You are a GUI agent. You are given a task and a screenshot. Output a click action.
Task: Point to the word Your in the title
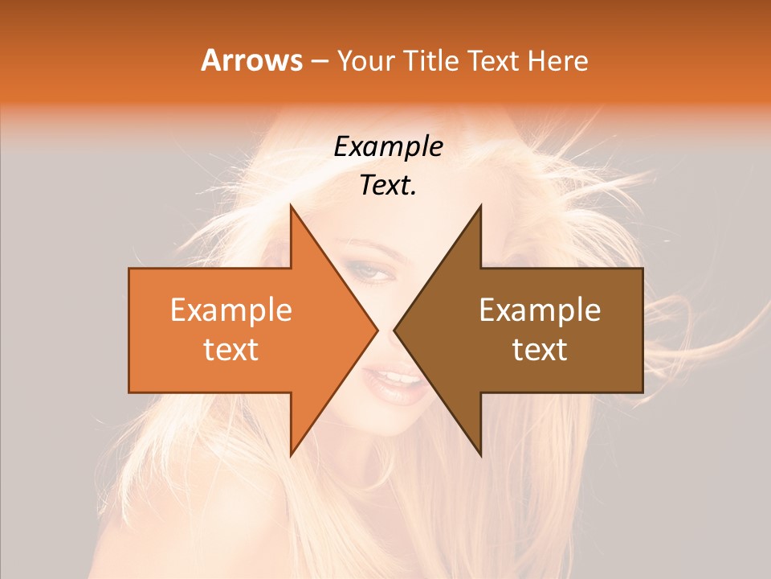pyautogui.click(x=366, y=60)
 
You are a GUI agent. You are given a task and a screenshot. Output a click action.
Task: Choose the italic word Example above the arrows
pyautogui.click(x=388, y=147)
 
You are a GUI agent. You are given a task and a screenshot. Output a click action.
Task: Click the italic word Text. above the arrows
pyautogui.click(x=388, y=186)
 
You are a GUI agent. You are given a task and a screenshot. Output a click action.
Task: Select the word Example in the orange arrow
pyautogui.click(x=230, y=310)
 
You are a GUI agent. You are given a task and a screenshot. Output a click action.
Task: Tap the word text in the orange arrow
pyautogui.click(x=230, y=350)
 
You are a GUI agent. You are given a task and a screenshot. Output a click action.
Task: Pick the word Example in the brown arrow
pyautogui.click(x=540, y=310)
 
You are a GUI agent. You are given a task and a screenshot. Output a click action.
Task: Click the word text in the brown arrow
pyautogui.click(x=540, y=350)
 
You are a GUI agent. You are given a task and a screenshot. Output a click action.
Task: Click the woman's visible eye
pyautogui.click(x=372, y=273)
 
